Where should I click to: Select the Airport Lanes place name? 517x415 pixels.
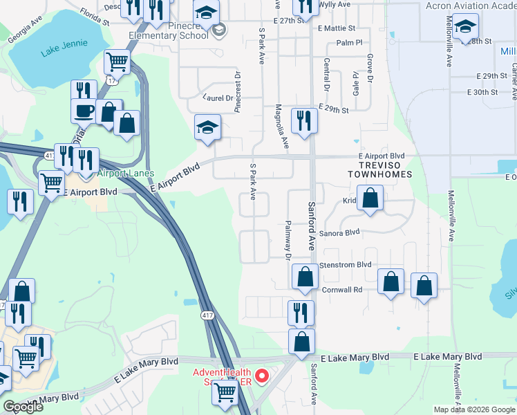125,173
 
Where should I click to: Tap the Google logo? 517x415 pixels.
23,407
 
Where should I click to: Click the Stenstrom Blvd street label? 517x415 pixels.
345,265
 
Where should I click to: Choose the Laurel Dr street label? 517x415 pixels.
218,98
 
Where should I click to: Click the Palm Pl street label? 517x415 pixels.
349,43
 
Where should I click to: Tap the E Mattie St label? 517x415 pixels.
337,29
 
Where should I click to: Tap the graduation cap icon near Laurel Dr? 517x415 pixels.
207,127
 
